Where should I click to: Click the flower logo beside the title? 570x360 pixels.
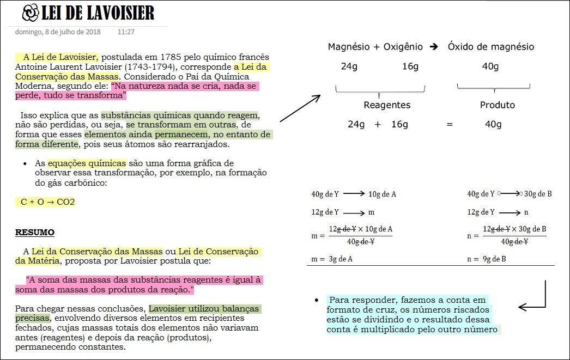(x=31, y=11)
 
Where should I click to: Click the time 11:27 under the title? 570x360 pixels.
(x=126, y=32)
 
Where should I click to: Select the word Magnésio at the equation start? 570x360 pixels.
(x=349, y=47)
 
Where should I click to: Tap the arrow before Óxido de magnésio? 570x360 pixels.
(x=434, y=47)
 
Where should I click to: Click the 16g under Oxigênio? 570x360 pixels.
(x=410, y=66)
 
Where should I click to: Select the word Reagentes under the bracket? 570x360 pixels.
(x=387, y=105)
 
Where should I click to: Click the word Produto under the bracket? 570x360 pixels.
(x=497, y=105)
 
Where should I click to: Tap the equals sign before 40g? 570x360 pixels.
(x=450, y=124)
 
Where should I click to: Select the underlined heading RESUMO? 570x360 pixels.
(x=34, y=233)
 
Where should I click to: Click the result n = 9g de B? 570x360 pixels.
(x=487, y=259)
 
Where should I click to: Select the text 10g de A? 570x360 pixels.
(x=382, y=194)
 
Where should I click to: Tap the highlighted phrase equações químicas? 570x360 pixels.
(x=87, y=163)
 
